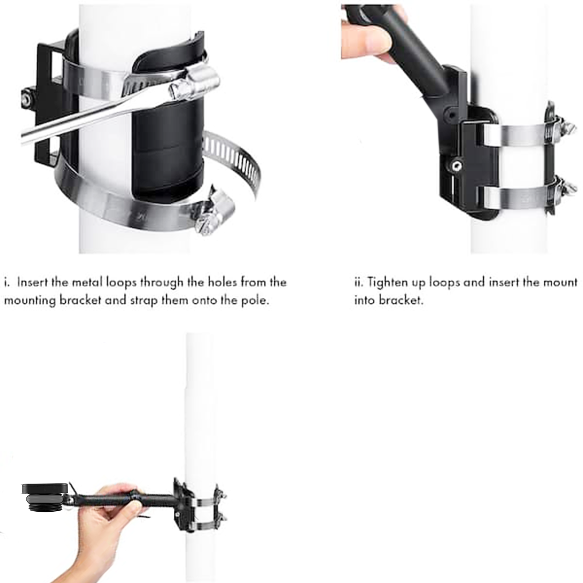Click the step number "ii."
(359, 282)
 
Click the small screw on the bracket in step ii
(456, 166)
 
